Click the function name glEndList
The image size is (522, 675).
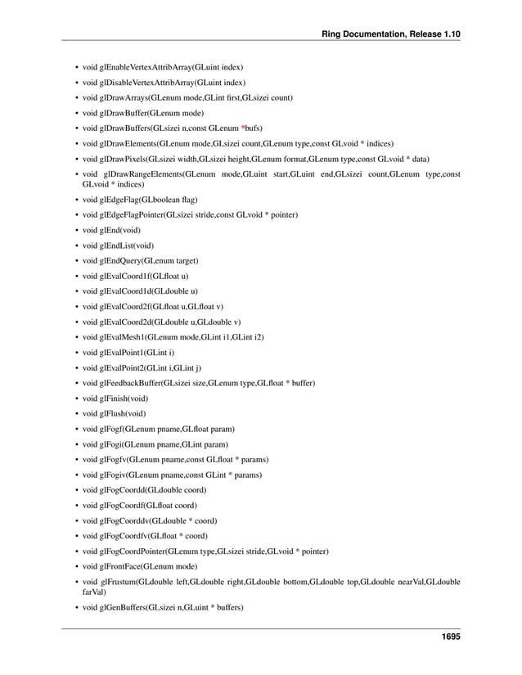tap(116, 245)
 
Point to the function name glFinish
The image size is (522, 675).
tap(115, 398)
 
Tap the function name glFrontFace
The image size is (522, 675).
tap(121, 566)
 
